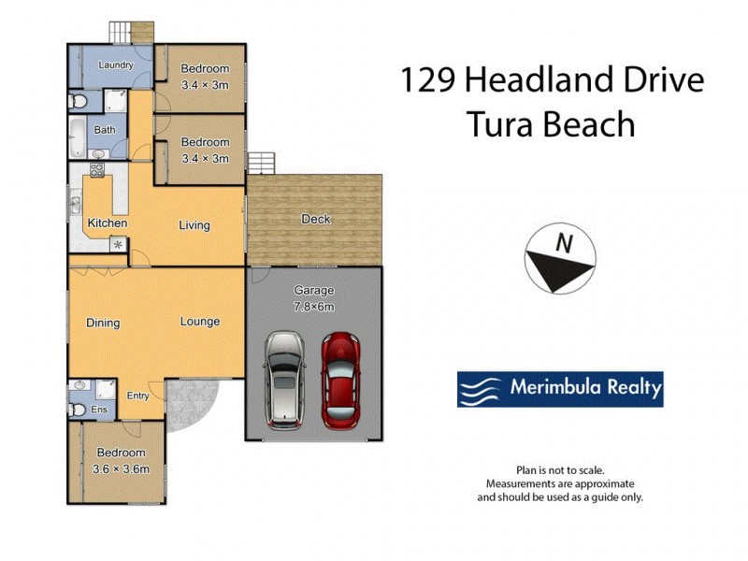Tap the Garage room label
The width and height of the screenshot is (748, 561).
coord(313,291)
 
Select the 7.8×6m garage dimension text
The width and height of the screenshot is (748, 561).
coord(313,306)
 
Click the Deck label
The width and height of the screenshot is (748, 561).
coord(315,220)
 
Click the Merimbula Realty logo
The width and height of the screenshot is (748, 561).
coord(559,388)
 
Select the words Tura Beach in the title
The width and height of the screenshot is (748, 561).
coord(552,123)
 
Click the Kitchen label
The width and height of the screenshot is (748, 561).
coord(108,223)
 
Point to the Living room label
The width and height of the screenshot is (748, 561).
coord(194,225)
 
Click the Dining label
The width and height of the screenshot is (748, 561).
coord(103,324)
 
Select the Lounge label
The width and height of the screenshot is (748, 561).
coord(200,322)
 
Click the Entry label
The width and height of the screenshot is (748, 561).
coord(137,396)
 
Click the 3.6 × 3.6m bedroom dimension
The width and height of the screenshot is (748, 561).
coord(122,468)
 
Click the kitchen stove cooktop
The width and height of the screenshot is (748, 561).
coord(95,170)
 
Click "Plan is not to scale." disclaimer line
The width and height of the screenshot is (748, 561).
coord(560,470)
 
